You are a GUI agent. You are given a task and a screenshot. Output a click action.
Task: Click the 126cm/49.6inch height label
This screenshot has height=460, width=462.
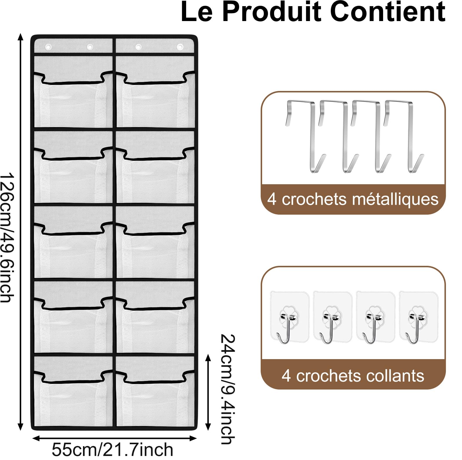[7, 237]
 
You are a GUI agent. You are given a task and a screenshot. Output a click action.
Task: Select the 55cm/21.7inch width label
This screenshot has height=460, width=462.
[113, 449]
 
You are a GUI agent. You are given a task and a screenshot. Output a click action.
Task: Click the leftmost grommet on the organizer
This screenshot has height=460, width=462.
[48, 47]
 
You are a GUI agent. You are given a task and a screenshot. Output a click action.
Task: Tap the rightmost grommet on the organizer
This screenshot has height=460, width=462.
[180, 47]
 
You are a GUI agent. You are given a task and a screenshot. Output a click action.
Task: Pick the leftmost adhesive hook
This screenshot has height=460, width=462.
[289, 317]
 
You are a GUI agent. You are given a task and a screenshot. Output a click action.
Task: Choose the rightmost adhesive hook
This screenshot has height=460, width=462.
[418, 317]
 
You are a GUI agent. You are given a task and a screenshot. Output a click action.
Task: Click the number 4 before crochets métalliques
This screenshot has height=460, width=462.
[272, 199]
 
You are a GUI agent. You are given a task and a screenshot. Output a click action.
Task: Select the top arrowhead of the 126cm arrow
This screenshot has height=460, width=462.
[20, 37]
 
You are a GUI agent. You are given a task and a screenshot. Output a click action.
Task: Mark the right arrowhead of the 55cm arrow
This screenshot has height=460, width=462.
[193, 438]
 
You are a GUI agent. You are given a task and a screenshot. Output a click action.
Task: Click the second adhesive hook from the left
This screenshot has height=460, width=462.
[332, 317]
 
